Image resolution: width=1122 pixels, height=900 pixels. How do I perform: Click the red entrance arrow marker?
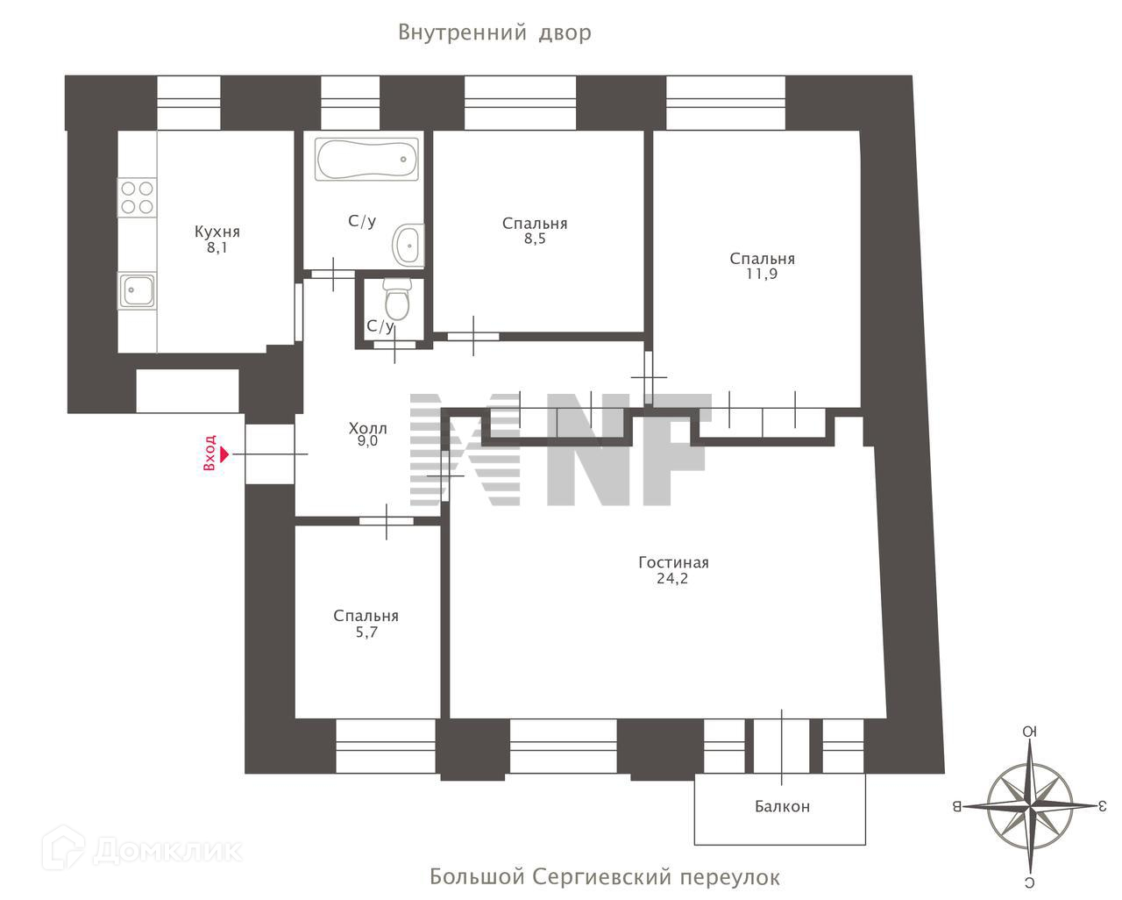[x=224, y=454]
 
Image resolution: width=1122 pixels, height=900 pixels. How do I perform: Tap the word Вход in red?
[x=209, y=454]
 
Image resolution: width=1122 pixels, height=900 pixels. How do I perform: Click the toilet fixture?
[x=398, y=300]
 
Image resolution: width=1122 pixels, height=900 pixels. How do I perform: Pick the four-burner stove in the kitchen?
[x=137, y=197]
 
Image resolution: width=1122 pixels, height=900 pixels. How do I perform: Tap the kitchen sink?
[x=138, y=289]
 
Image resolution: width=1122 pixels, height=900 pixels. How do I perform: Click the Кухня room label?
[x=217, y=232]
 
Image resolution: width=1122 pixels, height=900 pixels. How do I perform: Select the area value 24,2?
[x=673, y=579]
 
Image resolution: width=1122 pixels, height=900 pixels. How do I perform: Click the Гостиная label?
[x=673, y=563]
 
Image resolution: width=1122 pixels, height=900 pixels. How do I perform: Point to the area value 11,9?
[x=761, y=274]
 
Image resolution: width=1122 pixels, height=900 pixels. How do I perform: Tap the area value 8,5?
[x=535, y=239]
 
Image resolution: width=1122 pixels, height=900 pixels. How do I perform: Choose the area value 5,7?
[x=366, y=632]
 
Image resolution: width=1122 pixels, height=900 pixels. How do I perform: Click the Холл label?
[x=367, y=428]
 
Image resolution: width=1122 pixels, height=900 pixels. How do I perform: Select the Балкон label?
[x=782, y=807]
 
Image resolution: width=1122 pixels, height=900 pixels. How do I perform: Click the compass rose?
[x=1030, y=804]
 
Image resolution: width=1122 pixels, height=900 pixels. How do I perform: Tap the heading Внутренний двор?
[x=494, y=33]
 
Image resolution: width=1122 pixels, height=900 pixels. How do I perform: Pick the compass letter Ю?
[x=1030, y=732]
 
